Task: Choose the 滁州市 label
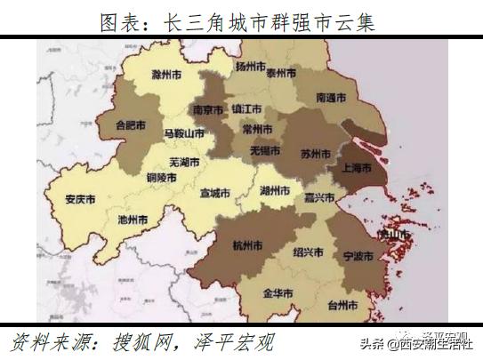click(x=170, y=74)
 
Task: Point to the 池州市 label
click(x=133, y=218)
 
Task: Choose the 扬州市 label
click(x=253, y=67)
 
